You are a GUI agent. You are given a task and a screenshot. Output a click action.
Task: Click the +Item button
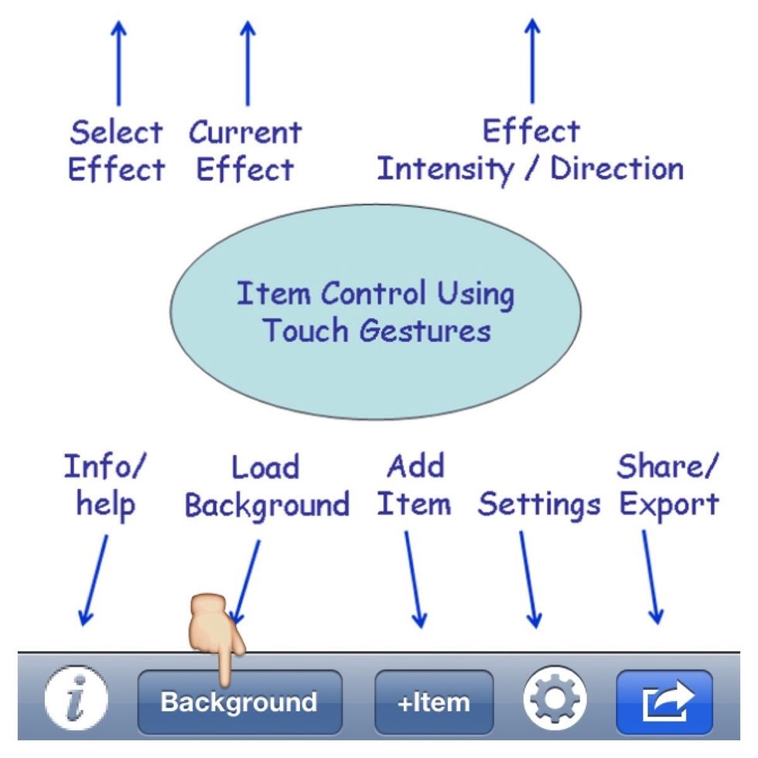pos(434,703)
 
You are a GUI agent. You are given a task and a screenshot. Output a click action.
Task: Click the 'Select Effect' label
pos(116,151)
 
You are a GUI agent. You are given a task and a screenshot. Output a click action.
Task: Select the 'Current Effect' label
pos(245,151)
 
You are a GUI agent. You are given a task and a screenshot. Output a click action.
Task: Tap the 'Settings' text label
pos(539,506)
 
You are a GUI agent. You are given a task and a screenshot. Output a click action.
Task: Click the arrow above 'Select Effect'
pos(118,62)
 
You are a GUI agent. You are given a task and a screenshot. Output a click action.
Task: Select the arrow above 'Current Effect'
pos(247,62)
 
